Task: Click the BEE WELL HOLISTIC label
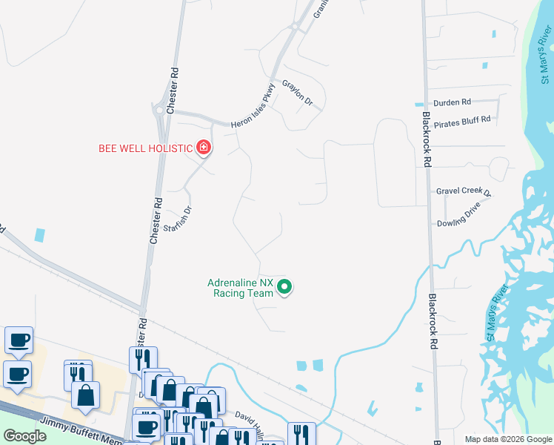click(x=146, y=148)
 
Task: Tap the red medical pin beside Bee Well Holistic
click(x=204, y=148)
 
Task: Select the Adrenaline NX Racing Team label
click(x=240, y=288)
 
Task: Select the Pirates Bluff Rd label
click(x=463, y=120)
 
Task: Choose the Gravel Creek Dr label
click(x=464, y=191)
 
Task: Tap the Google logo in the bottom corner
click(x=24, y=436)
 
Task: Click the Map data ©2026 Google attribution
click(x=508, y=439)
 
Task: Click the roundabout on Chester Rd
click(x=158, y=111)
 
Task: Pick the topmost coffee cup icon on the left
click(x=19, y=340)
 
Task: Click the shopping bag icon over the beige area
click(x=86, y=395)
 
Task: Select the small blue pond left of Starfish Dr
click(x=39, y=234)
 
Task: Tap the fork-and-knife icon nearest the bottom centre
click(x=301, y=434)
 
